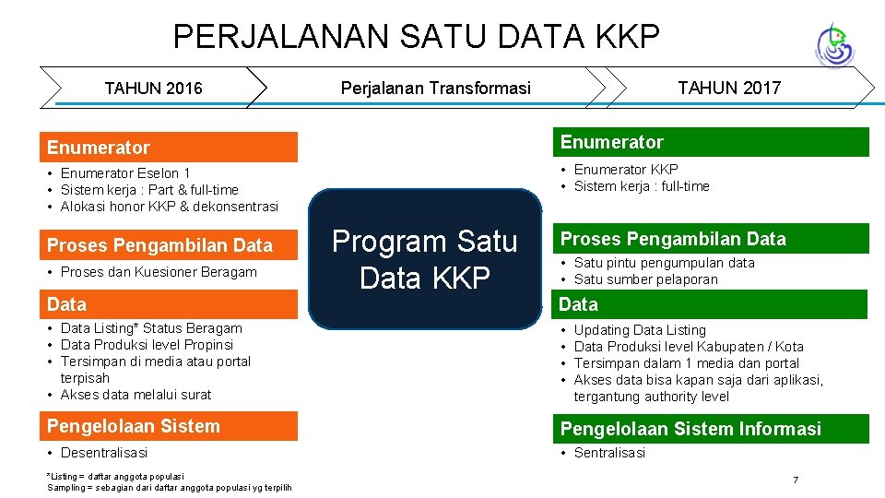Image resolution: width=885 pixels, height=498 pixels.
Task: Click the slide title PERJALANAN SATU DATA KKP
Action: (417, 36)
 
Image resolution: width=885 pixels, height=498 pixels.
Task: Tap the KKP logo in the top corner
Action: (834, 44)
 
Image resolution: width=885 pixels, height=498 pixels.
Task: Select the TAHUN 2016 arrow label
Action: (153, 89)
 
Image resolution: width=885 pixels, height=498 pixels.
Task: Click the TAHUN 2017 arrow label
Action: (728, 89)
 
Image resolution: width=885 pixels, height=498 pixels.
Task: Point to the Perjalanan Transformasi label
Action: (436, 89)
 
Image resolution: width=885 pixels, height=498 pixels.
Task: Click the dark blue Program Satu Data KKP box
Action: (425, 259)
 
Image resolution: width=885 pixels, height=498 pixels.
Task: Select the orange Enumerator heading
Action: (172, 148)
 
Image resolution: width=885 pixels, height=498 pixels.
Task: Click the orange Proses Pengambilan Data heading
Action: (172, 245)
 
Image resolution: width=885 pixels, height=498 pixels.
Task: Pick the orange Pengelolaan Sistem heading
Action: (172, 426)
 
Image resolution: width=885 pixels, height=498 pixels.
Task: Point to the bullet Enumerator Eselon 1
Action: (125, 173)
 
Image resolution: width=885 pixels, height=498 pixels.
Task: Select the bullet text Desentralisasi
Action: (103, 453)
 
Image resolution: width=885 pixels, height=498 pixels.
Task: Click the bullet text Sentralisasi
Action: (609, 453)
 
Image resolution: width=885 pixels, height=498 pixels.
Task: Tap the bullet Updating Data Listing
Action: (640, 330)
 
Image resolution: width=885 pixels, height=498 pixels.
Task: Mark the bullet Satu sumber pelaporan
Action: (645, 279)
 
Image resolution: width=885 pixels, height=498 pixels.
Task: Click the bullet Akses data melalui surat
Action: (136, 395)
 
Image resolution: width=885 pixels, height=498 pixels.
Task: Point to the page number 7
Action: (796, 480)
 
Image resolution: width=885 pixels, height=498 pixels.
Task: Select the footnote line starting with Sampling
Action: (170, 487)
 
